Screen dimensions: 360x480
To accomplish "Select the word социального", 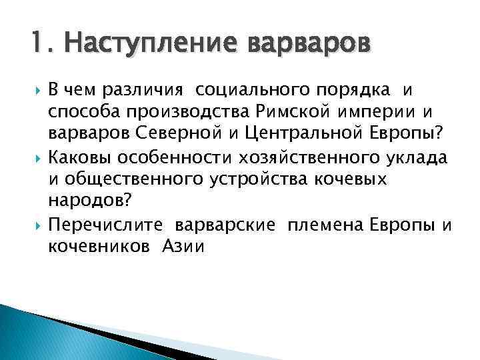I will coord(235,90).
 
